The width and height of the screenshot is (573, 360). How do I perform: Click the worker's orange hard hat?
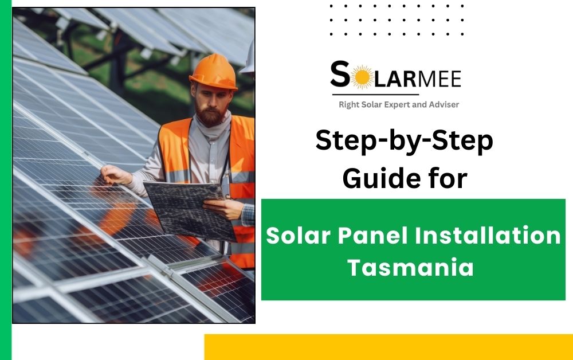coord(213,72)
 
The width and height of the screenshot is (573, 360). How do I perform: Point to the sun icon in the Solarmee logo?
coord(362,77)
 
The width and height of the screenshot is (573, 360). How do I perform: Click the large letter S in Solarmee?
coord(341,76)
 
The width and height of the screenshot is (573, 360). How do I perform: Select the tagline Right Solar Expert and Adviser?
coord(399,104)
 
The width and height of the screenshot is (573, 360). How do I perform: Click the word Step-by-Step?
coord(404,142)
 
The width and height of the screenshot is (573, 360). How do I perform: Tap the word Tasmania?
coord(410,268)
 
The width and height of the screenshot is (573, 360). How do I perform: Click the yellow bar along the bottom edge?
coord(388,347)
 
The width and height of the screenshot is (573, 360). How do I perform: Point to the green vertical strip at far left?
coord(5,180)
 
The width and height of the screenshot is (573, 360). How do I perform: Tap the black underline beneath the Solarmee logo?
coord(375,94)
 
